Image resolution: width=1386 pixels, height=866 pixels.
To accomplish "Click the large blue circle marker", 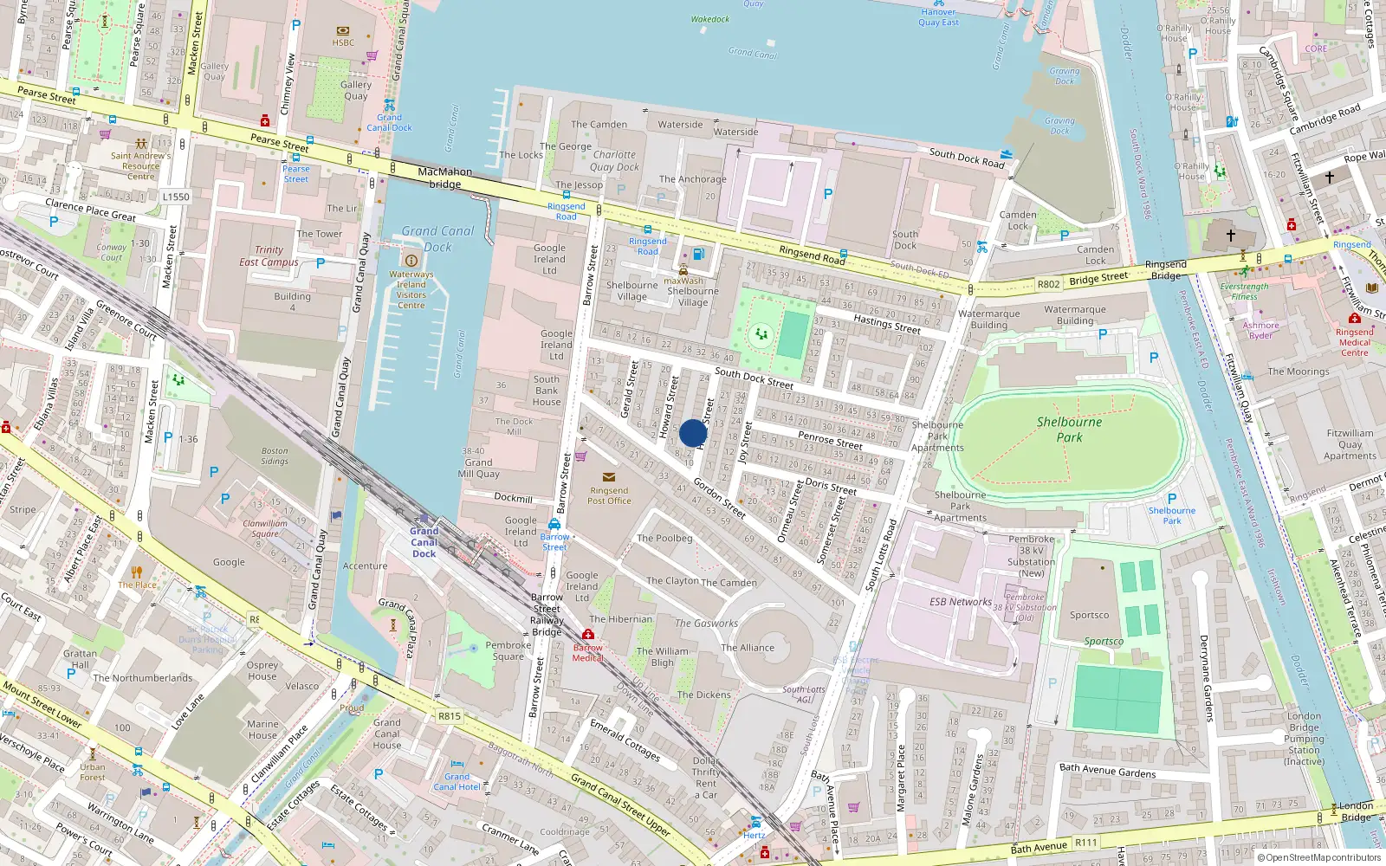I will [693, 433].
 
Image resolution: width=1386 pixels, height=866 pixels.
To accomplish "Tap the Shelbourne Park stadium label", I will [1069, 430].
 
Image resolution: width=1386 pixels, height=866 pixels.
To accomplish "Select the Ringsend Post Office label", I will [609, 495].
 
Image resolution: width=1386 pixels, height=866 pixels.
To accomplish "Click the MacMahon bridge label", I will [445, 178].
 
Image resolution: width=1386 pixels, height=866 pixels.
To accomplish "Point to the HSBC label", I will [343, 42].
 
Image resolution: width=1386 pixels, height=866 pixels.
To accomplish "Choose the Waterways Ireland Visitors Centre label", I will [411, 289].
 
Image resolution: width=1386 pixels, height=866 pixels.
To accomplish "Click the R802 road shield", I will [1048, 284].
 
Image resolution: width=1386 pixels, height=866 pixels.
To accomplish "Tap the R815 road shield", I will [450, 716].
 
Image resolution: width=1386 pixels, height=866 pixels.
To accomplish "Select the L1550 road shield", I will [176, 197].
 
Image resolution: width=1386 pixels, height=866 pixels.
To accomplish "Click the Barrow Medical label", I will [587, 653].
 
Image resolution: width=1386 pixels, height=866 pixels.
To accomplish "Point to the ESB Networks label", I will [960, 602].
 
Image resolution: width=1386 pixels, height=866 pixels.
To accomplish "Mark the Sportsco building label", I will [1089, 615].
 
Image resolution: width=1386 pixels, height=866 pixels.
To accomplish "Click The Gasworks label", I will [706, 624].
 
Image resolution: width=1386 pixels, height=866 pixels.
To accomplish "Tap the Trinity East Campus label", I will [269, 255].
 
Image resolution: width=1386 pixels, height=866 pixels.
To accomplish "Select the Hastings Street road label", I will [887, 325].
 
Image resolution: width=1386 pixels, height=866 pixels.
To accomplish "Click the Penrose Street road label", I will [830, 440].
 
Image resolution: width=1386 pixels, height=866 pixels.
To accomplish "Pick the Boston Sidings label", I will [275, 456].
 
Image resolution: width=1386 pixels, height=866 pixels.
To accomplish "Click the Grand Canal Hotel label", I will [457, 782].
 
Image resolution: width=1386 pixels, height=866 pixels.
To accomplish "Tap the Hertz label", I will [754, 835].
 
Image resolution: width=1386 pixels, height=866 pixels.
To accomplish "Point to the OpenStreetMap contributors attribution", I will [1323, 857].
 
